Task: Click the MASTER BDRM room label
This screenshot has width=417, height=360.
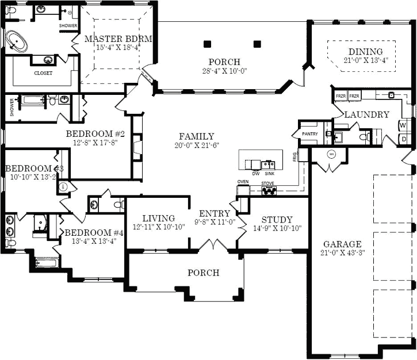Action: click(118, 39)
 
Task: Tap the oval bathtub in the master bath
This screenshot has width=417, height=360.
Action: click(20, 42)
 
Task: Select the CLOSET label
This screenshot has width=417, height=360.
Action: click(43, 73)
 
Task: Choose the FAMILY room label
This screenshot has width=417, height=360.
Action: click(196, 136)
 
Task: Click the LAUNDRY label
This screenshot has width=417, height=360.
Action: click(367, 114)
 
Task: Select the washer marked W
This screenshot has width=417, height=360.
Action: click(403, 125)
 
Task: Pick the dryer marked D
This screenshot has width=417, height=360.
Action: click(404, 139)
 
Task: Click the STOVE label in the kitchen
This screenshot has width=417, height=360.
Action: click(267, 183)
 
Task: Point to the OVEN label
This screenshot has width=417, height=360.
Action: click(243, 182)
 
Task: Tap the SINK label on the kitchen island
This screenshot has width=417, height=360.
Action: click(270, 173)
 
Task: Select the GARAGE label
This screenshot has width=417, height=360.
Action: click(342, 243)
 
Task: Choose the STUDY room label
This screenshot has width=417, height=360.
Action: click(277, 220)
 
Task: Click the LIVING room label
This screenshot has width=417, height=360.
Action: click(159, 218)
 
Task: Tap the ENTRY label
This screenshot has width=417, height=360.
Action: click(215, 213)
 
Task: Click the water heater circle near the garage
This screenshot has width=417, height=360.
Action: click(332, 154)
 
